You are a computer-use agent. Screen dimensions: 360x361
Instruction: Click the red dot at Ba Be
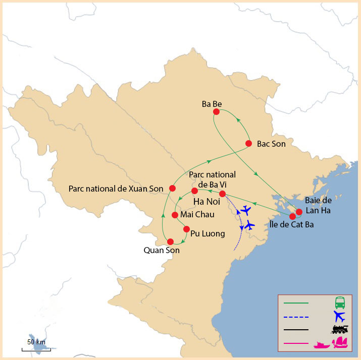click(x=216, y=112)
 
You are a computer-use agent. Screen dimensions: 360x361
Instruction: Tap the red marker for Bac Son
click(x=248, y=143)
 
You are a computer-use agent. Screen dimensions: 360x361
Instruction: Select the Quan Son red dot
click(x=171, y=242)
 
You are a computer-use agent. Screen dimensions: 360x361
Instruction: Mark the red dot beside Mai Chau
click(x=175, y=215)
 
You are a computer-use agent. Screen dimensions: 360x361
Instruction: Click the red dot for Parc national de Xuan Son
click(x=172, y=188)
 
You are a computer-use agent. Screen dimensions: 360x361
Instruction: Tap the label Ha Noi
click(x=206, y=203)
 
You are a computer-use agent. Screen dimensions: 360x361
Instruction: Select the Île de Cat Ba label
click(x=291, y=225)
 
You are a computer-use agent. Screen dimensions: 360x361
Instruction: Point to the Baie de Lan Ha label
click(x=318, y=206)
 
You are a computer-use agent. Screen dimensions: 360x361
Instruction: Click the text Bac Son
click(x=271, y=144)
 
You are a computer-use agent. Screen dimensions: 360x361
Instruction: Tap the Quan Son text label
click(x=162, y=250)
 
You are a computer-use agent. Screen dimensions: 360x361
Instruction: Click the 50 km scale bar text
click(x=36, y=342)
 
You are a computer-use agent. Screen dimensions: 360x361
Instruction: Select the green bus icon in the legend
click(x=340, y=303)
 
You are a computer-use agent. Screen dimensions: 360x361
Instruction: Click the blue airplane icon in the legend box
click(x=340, y=317)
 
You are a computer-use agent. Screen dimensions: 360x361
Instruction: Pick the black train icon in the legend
click(x=340, y=330)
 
